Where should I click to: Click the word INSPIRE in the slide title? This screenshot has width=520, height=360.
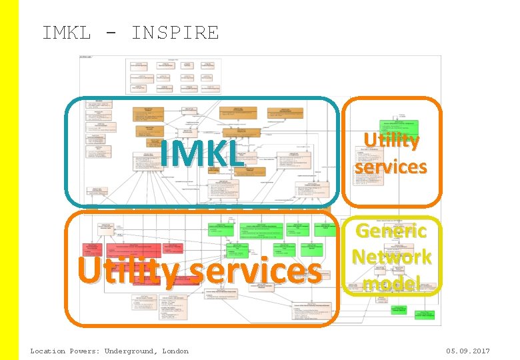[175, 33]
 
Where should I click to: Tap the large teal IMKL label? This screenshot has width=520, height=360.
[202, 153]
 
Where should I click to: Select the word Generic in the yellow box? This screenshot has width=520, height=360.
[391, 231]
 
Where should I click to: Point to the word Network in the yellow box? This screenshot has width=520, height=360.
[391, 257]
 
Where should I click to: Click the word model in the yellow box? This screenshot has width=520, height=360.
[391, 283]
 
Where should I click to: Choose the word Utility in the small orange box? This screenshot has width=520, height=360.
[391, 141]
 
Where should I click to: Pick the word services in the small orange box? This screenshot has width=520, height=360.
[391, 166]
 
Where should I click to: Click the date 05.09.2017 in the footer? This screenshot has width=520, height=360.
[469, 351]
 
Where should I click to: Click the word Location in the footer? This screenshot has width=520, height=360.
[48, 351]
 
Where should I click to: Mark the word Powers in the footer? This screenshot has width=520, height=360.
[84, 351]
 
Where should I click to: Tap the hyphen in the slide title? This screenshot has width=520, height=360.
[111, 33]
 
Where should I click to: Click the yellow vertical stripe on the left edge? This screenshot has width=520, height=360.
[9, 180]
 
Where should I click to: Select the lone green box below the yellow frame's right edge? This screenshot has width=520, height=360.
[425, 313]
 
